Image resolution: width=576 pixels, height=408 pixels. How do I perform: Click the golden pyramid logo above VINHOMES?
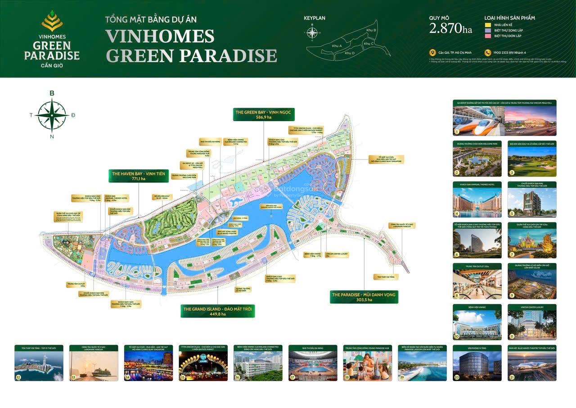(x=52, y=21)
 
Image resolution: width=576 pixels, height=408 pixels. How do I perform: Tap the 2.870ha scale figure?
(x=450, y=29)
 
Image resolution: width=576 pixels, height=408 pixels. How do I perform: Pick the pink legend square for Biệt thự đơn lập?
(x=487, y=35)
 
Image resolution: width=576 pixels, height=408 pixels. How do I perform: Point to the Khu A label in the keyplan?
(x=337, y=46)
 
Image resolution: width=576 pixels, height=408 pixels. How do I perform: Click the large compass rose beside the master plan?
(x=52, y=115)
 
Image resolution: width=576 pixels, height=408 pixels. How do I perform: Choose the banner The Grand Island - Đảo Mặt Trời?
(x=217, y=311)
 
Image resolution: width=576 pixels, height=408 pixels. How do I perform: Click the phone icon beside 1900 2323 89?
(x=487, y=53)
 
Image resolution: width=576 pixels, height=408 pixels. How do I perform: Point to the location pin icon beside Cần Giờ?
(x=432, y=53)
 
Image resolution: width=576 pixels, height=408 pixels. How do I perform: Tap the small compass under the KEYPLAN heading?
(x=311, y=32)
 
